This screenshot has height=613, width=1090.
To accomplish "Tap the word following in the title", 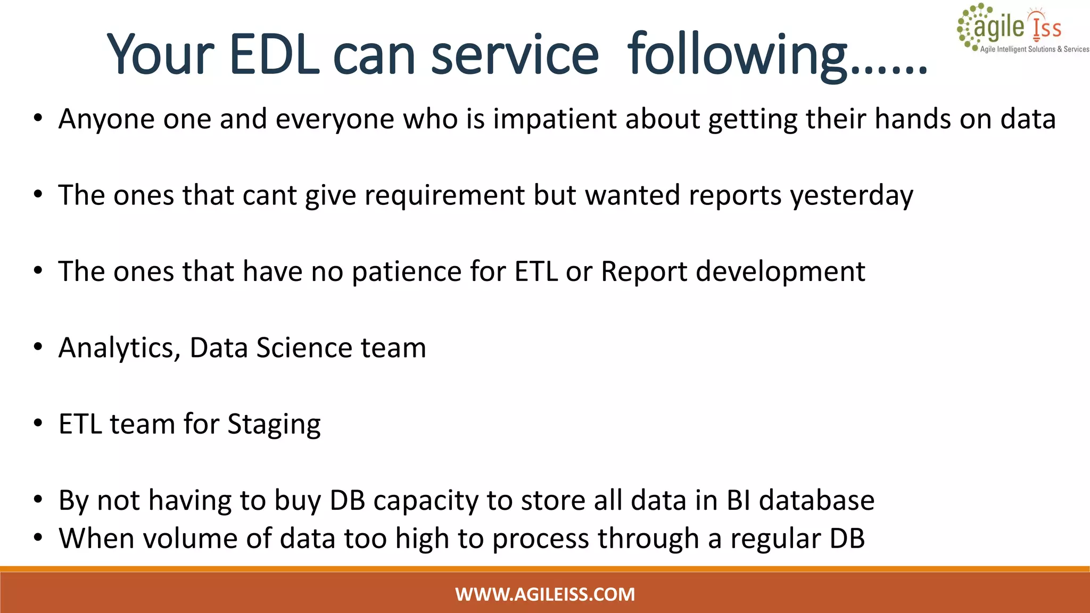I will click(x=737, y=55).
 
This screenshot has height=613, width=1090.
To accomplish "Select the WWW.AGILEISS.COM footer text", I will click(x=545, y=594).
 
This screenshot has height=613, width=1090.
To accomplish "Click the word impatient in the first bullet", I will click(x=555, y=119).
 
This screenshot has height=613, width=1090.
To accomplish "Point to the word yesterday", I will click(x=852, y=195).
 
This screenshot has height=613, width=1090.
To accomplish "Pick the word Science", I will click(x=304, y=348).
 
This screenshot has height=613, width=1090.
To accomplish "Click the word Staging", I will click(x=274, y=425).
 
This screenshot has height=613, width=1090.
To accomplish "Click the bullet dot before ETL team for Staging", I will click(x=38, y=424).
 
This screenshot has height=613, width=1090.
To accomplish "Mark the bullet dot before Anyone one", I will click(x=38, y=119).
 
